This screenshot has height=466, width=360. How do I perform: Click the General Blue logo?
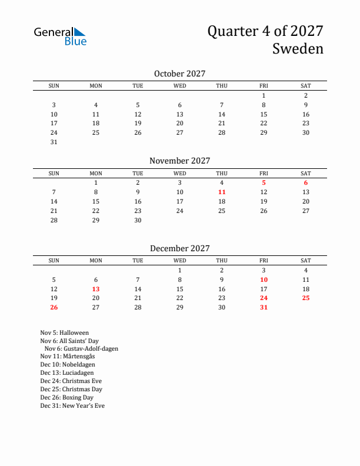tap(60, 36)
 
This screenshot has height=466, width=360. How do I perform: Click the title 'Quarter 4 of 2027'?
tap(265, 31)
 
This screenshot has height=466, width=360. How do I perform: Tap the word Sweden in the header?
tap(298, 49)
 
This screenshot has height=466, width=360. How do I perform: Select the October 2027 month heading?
tap(179, 74)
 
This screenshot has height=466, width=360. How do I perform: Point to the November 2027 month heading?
tap(179, 161)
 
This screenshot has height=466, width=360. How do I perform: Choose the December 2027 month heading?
tap(179, 248)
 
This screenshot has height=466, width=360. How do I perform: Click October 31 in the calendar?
tap(54, 142)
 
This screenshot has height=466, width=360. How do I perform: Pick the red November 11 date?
tap(222, 192)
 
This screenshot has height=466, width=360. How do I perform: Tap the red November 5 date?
tap(264, 182)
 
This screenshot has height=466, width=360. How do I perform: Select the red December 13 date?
tap(95, 289)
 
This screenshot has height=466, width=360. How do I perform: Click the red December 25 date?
tap(306, 298)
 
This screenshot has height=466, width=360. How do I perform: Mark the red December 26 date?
tap(54, 307)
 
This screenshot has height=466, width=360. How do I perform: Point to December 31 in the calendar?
tap(264, 307)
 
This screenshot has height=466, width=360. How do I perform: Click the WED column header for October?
tap(179, 86)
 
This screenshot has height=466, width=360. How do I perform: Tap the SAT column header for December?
tap(306, 261)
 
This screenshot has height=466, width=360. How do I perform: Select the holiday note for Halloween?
tap(65, 333)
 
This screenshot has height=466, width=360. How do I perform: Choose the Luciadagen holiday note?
tap(67, 372)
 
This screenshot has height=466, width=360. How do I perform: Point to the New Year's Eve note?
tap(72, 405)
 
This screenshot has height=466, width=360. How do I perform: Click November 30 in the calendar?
tap(138, 220)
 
